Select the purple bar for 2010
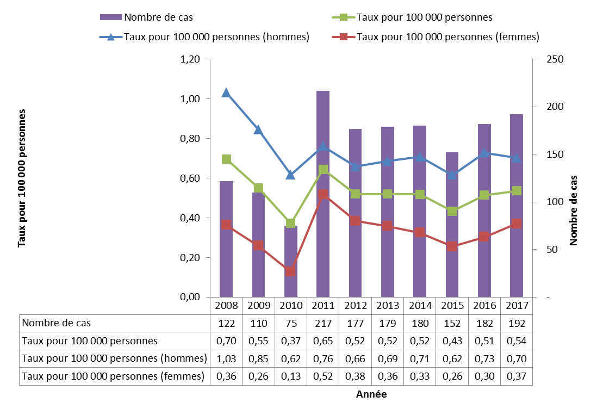pyautogui.click(x=290, y=261)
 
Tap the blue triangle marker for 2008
pyautogui.click(x=226, y=93)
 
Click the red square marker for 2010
pyautogui.click(x=290, y=271)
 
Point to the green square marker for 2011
pyautogui.click(x=323, y=170)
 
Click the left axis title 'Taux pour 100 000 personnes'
pyautogui.click(x=22, y=178)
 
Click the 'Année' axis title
pyautogui.click(x=371, y=394)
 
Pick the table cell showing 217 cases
pyautogui.click(x=323, y=323)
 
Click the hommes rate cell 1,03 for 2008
pyautogui.click(x=226, y=358)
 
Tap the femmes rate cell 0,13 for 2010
pyautogui.click(x=290, y=376)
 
